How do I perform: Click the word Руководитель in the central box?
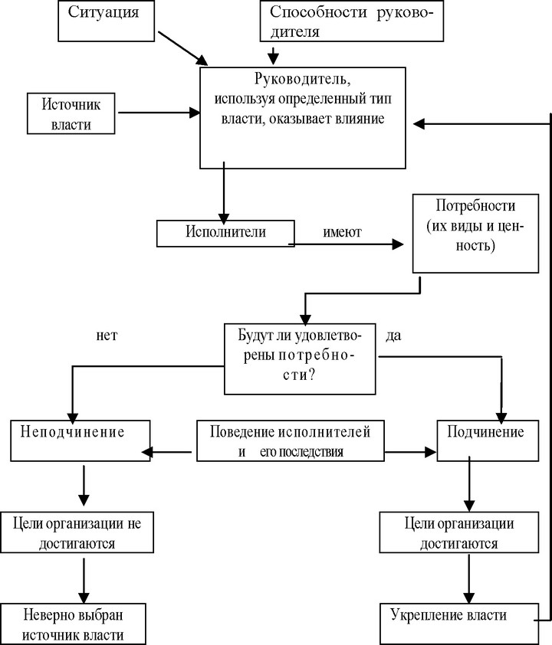coord(303,78)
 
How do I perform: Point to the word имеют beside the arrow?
coord(342,232)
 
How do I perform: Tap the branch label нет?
coord(107,336)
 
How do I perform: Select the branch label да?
coord(393,336)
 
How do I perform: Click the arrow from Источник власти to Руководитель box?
coord(159,113)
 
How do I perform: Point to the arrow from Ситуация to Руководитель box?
coord(183,48)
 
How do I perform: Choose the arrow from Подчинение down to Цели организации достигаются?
coord(469,485)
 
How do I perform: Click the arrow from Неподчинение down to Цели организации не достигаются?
coord(84,486)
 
